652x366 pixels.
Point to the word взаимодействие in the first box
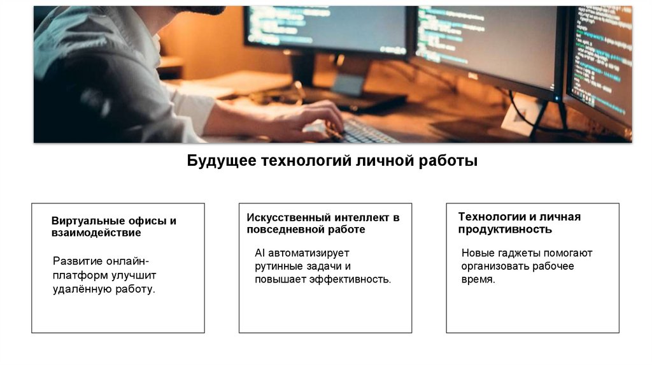(x=96, y=233)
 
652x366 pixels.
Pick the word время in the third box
(x=478, y=280)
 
